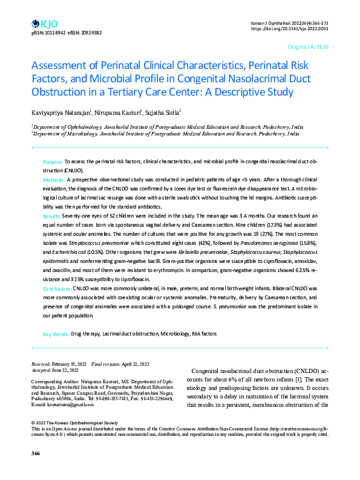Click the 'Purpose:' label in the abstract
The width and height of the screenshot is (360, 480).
(x=53, y=163)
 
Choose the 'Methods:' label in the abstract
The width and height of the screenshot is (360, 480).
(x=54, y=181)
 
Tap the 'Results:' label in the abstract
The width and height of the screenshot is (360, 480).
(x=53, y=216)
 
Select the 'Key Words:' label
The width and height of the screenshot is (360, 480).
(x=56, y=334)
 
